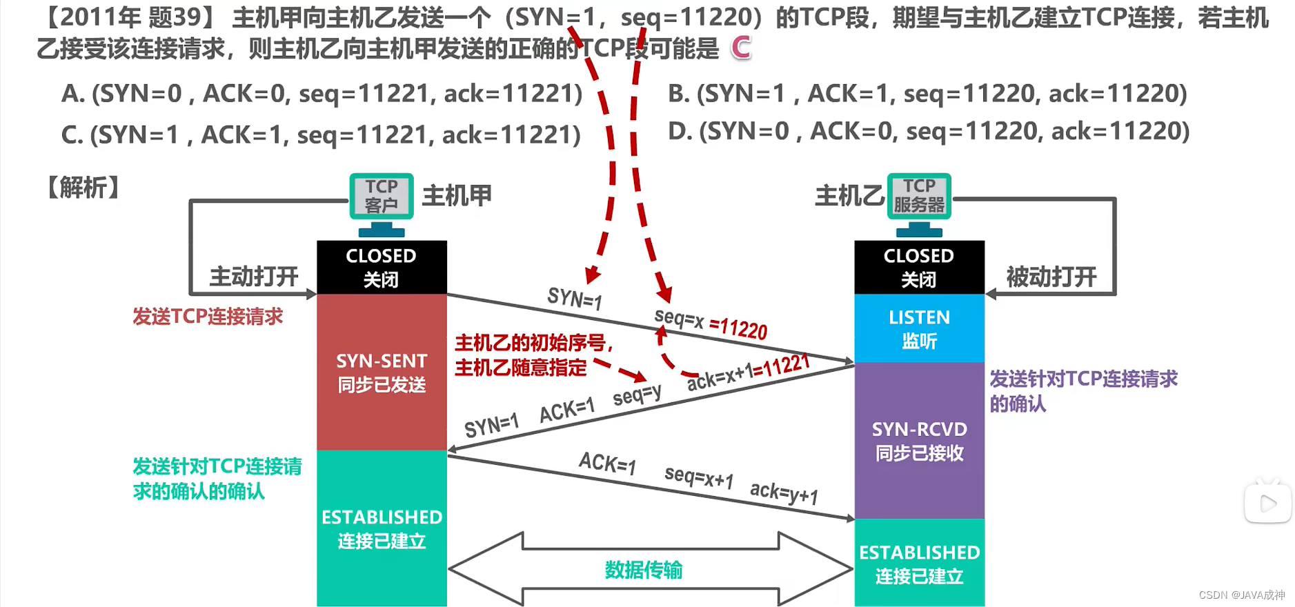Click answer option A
pos(322,94)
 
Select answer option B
pos(927,94)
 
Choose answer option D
pos(928,131)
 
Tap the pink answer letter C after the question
pos(741,48)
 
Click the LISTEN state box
pos(919,328)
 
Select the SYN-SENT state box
pos(382,372)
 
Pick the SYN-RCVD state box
pos(919,441)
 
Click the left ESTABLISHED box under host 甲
pos(382,528)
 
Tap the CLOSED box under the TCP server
pos(919,267)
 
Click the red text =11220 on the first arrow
pos(738,328)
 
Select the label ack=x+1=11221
pos(749,372)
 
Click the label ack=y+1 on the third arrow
pos(784,492)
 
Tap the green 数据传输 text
pos(643,570)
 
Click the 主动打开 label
pos(254,277)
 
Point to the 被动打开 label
pos(1051,277)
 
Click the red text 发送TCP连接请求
pos(208,317)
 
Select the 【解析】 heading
pos(83,188)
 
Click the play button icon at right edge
pos(1268,504)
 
